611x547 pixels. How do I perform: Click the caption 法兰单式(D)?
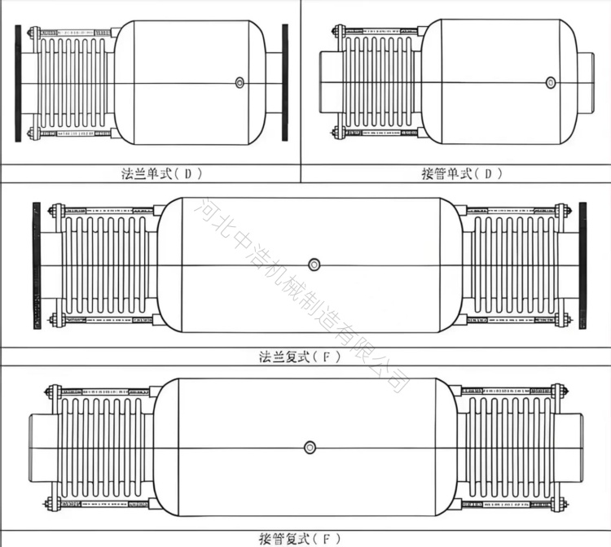pyautogui.click(x=162, y=173)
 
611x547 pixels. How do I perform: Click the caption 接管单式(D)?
pyautogui.click(x=462, y=173)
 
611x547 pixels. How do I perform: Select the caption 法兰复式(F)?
pyautogui.click(x=300, y=357)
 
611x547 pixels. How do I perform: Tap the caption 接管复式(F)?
pyautogui.click(x=300, y=539)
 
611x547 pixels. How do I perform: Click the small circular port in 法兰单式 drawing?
pyautogui.click(x=240, y=82)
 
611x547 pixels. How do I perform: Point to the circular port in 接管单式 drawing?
pyautogui.click(x=550, y=82)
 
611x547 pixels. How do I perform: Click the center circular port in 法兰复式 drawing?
pyautogui.click(x=314, y=265)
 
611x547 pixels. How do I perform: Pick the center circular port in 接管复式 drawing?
pyautogui.click(x=310, y=448)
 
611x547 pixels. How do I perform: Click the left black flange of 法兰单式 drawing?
pyautogui.click(x=18, y=83)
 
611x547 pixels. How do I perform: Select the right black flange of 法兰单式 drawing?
pyautogui.click(x=285, y=82)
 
